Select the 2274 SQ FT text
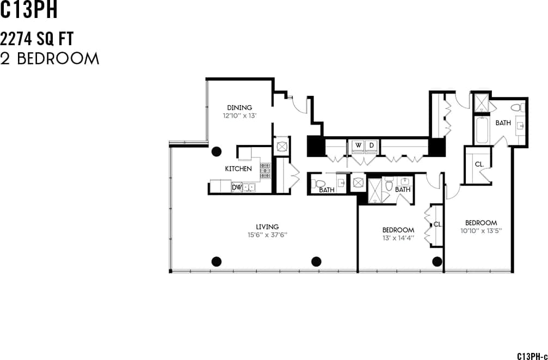37,39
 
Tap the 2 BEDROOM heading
50,59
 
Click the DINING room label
239,108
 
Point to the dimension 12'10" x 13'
239,115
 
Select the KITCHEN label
238,169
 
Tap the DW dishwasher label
236,187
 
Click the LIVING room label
267,227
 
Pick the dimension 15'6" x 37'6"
267,235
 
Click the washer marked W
358,145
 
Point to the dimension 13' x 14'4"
398,237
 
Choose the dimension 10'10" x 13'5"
481,230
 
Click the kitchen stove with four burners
265,170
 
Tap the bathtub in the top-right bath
481,130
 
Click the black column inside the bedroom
436,261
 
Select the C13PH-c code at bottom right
532,355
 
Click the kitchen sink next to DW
249,187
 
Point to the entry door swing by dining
298,105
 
